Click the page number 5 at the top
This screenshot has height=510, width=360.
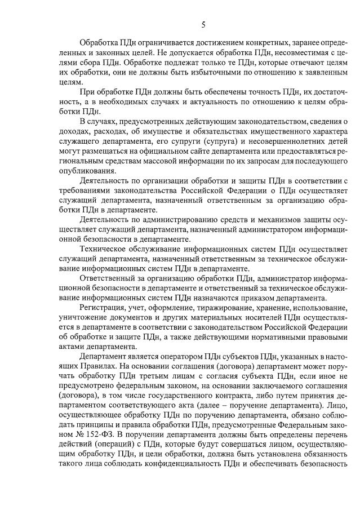(x=203, y=24)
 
